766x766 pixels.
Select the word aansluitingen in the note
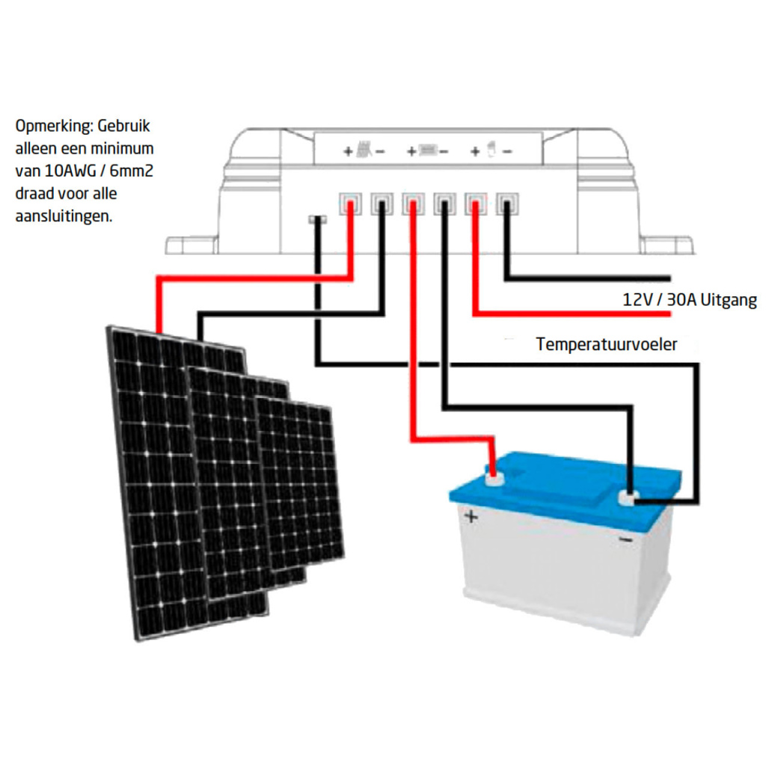[63, 217]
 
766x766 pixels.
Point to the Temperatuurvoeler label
[606, 345]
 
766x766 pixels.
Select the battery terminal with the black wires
[628, 496]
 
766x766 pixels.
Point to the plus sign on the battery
[471, 515]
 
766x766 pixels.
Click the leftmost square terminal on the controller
[349, 202]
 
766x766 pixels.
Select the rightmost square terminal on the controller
[508, 202]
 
